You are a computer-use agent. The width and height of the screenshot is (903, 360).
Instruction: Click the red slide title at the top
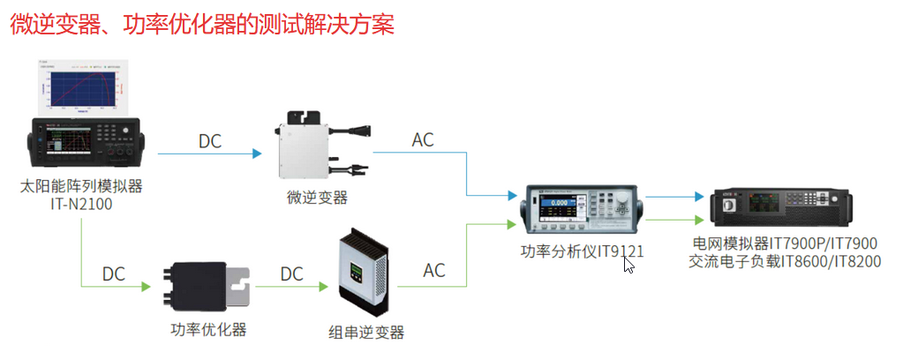(x=201, y=24)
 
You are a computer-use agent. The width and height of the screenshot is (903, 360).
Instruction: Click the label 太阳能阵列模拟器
(x=80, y=186)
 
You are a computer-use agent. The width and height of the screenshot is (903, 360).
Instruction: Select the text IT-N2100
(x=80, y=205)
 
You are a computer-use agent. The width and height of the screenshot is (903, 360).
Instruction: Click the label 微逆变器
(x=317, y=198)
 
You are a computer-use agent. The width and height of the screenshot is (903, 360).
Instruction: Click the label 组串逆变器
(x=365, y=333)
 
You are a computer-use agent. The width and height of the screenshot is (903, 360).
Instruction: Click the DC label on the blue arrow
(x=209, y=141)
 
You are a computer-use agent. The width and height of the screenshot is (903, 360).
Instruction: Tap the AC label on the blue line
(x=423, y=141)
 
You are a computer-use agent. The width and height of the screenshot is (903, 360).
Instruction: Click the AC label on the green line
(x=434, y=270)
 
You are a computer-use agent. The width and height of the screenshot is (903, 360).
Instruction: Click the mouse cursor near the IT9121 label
(x=628, y=263)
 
